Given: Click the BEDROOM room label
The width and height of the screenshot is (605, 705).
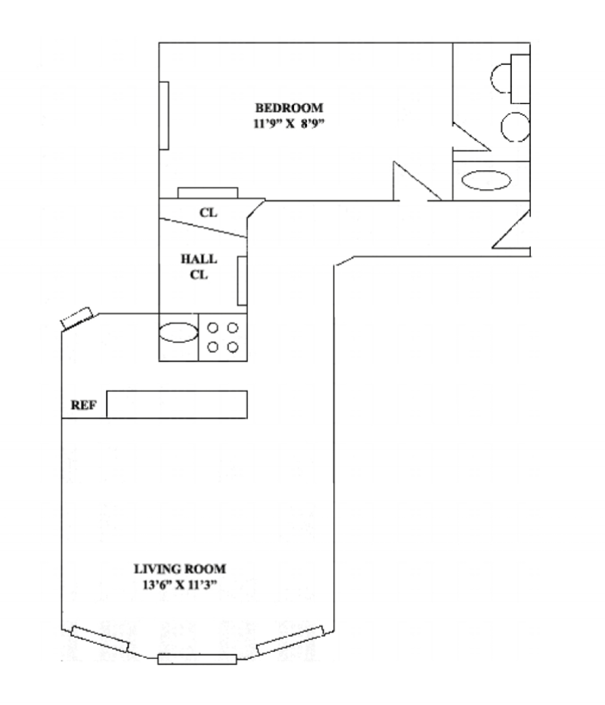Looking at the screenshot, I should (x=289, y=107).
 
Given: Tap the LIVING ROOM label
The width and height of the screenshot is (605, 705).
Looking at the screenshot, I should (x=180, y=568).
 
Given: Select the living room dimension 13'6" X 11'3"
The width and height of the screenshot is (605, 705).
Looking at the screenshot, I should (x=180, y=583).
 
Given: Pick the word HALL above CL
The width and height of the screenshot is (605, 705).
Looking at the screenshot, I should (x=199, y=259).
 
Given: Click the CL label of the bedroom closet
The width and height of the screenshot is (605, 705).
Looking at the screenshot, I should (x=208, y=213).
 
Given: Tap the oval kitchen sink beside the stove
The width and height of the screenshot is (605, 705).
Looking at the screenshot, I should (x=178, y=332).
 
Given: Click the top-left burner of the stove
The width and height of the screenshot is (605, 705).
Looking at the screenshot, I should (x=214, y=328).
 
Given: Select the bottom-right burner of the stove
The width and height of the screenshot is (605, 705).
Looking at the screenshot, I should (x=233, y=346).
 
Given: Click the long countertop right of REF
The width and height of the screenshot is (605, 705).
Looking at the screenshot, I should (x=177, y=404).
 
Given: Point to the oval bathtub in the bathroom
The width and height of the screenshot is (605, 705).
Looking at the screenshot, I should (x=486, y=180).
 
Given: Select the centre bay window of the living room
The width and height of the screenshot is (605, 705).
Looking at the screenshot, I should (x=197, y=658).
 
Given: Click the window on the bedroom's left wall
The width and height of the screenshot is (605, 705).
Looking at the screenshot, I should (x=163, y=114).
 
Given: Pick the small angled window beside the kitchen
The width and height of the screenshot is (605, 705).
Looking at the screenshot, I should (x=76, y=318).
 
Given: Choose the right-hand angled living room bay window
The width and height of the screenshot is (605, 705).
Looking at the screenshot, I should (x=290, y=640).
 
